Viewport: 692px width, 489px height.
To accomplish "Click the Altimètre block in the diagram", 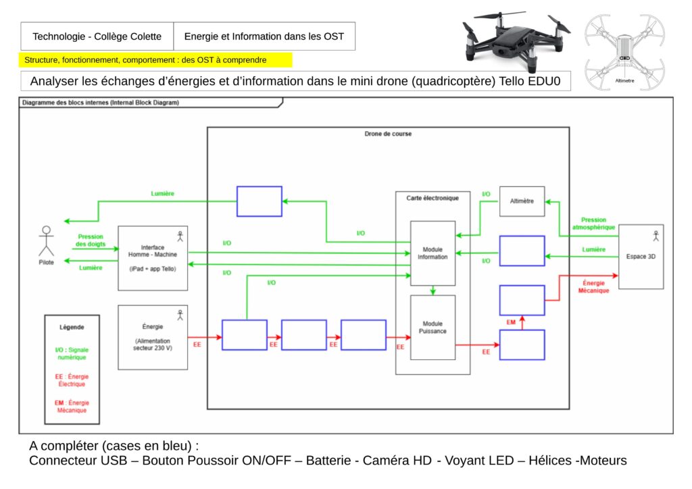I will coord(522,201).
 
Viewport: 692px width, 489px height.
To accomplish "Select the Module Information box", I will coord(432,253).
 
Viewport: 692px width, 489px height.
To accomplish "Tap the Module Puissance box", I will coord(432,328).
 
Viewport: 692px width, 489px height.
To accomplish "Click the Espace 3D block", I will coord(641,257).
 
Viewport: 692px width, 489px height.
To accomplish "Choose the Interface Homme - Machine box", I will coord(153,258).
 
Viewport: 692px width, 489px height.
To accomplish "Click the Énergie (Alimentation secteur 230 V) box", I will coord(153,337).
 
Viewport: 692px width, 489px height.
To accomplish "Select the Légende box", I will coord(72,369).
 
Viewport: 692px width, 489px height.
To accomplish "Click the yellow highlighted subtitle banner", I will coord(155,60).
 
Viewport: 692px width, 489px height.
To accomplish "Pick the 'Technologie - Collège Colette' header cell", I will coord(97,36).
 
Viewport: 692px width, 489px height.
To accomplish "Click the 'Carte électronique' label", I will coord(432,198).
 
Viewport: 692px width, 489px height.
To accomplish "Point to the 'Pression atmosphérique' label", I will coord(593,224).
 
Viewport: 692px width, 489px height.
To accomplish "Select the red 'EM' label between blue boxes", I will coord(511,323).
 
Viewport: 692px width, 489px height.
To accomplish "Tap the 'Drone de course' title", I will coord(388,134).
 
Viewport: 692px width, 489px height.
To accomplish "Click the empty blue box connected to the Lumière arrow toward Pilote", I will coord(259,201).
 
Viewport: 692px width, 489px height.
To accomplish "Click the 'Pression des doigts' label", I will coord(90,240).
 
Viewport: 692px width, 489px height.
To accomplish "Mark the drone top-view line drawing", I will coord(624,53).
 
